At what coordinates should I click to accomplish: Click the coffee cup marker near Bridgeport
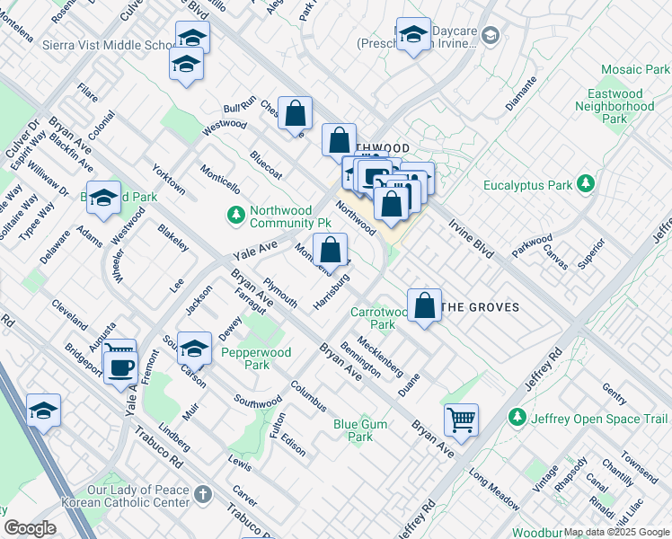pos(119,366)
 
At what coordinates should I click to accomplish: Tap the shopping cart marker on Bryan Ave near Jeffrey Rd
pos(461,418)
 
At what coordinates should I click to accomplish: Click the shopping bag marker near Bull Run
pos(295,113)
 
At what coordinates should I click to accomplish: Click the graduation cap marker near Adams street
pos(104,198)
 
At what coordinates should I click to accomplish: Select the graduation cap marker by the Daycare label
pos(413,35)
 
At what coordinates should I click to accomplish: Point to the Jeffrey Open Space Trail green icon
pos(517,418)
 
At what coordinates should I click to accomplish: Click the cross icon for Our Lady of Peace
pos(203,495)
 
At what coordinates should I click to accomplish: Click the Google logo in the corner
pos(30,528)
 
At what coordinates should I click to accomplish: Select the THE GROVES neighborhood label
pos(482,307)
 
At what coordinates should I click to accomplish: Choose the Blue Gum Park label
pos(360,430)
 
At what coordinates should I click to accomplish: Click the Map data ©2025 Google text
pos(616,532)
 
